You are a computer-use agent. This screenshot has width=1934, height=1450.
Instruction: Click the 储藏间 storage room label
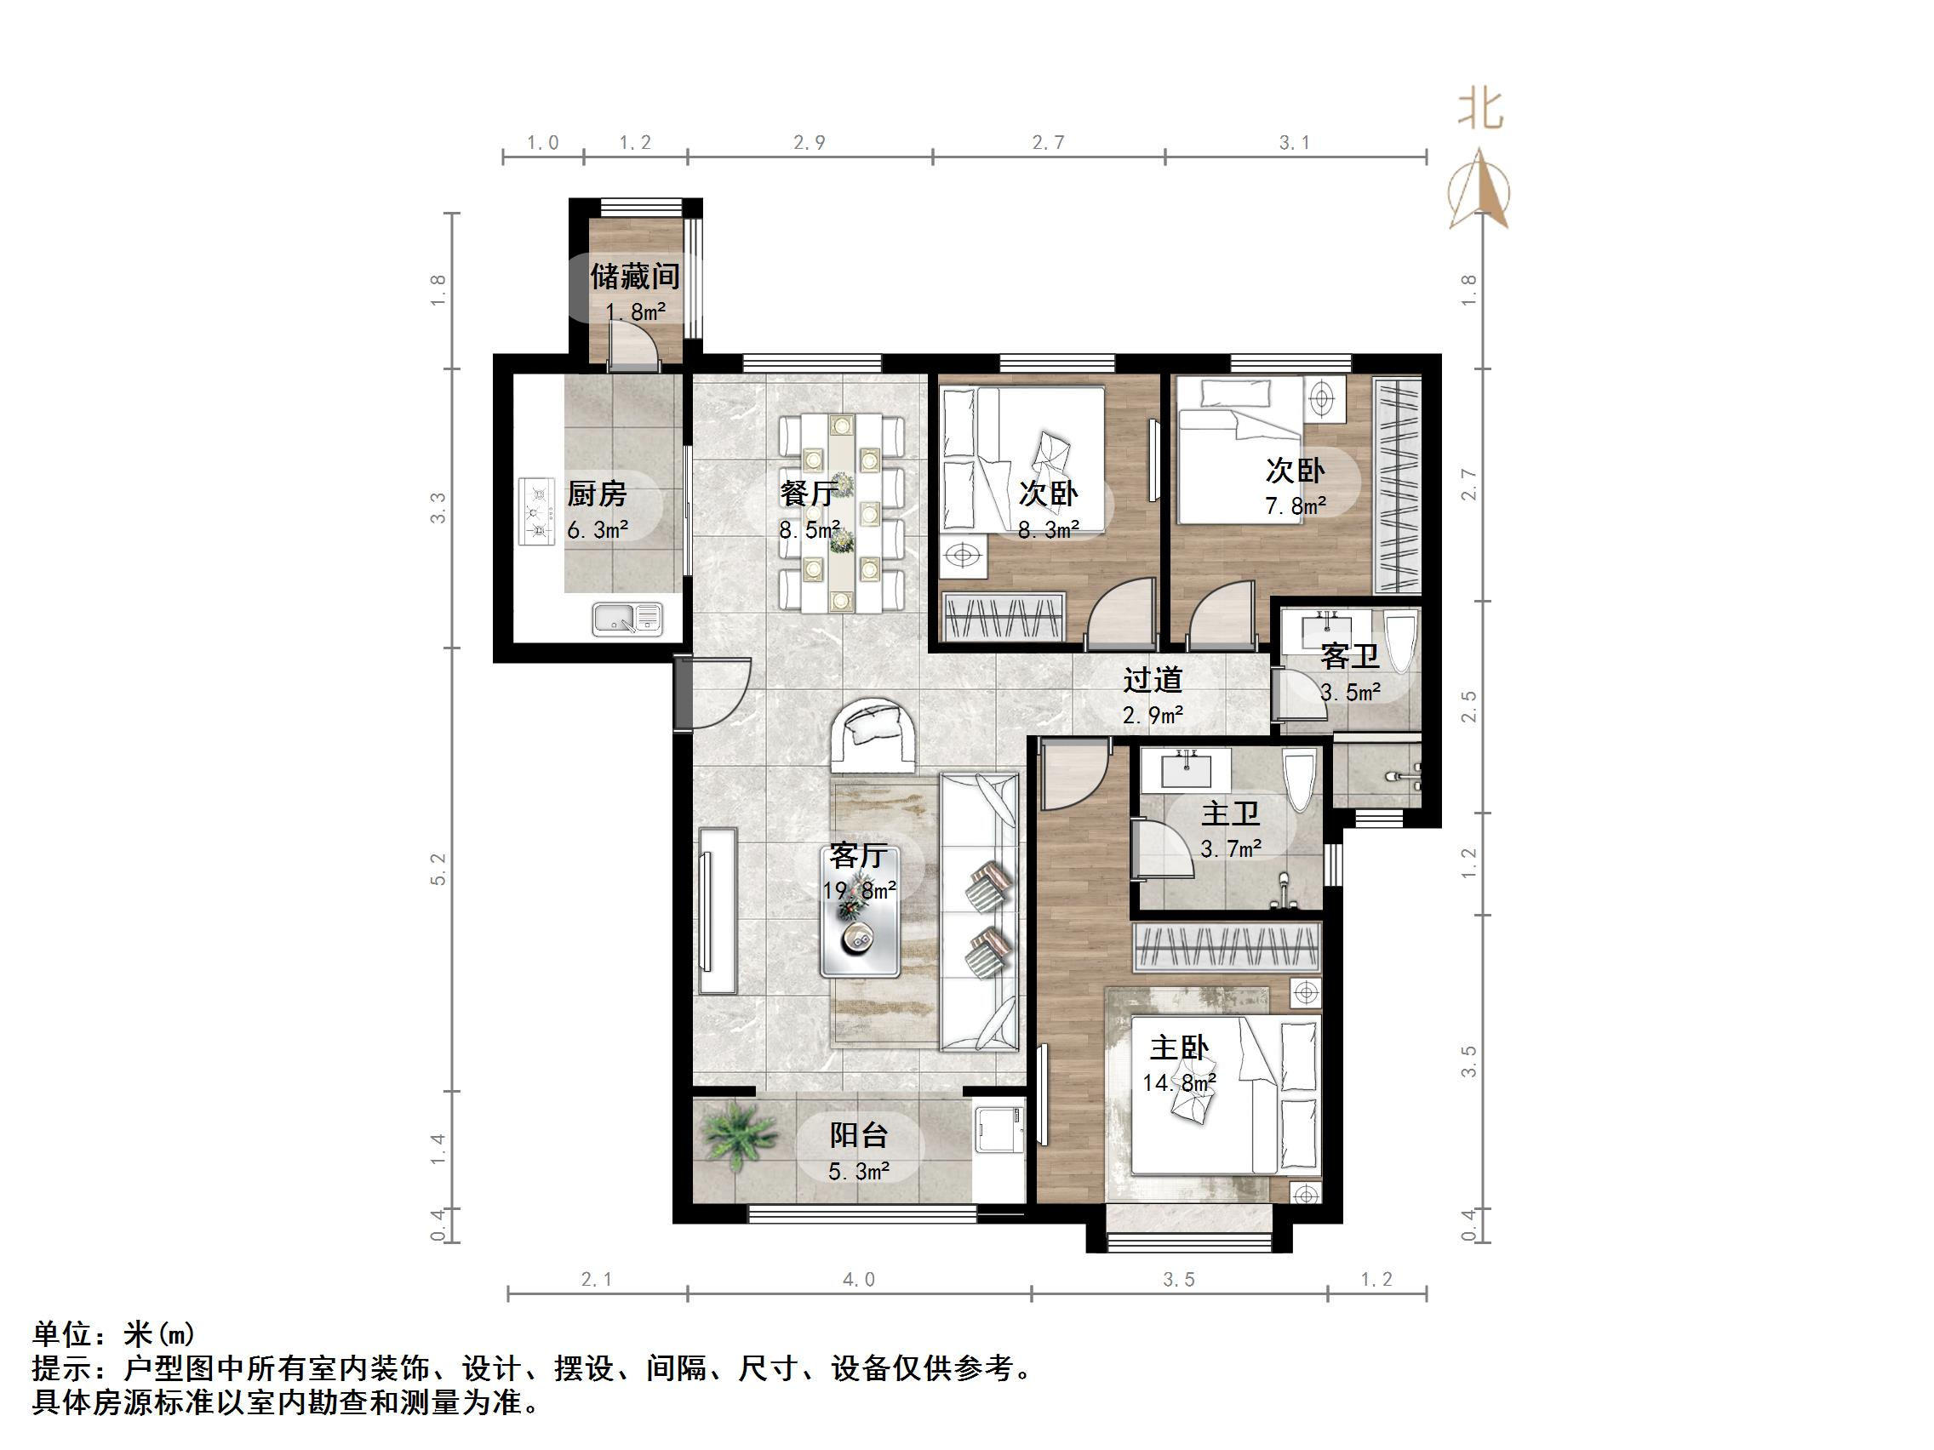[635, 277]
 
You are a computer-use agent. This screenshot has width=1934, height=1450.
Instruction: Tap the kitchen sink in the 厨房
[627, 619]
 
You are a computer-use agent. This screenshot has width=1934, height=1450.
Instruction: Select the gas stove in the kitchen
[537, 511]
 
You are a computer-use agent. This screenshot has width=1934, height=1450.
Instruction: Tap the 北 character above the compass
[1480, 110]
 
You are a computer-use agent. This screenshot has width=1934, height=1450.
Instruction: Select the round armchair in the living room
[873, 736]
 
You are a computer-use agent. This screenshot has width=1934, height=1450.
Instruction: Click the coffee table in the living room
[860, 911]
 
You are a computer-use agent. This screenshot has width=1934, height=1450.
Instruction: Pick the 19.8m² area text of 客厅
[860, 891]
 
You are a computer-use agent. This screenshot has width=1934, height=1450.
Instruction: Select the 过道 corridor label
[1153, 679]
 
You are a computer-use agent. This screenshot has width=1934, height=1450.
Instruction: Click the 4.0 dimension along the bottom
[859, 1280]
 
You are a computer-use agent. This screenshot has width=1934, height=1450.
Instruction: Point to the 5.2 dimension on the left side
[438, 870]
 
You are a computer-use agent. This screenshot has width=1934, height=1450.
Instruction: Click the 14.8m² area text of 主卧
[1180, 1083]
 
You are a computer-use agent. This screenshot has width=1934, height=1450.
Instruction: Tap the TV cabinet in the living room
[718, 910]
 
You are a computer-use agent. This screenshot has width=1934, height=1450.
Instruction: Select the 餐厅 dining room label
[809, 493]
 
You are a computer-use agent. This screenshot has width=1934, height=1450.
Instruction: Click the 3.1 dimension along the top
[1295, 142]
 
